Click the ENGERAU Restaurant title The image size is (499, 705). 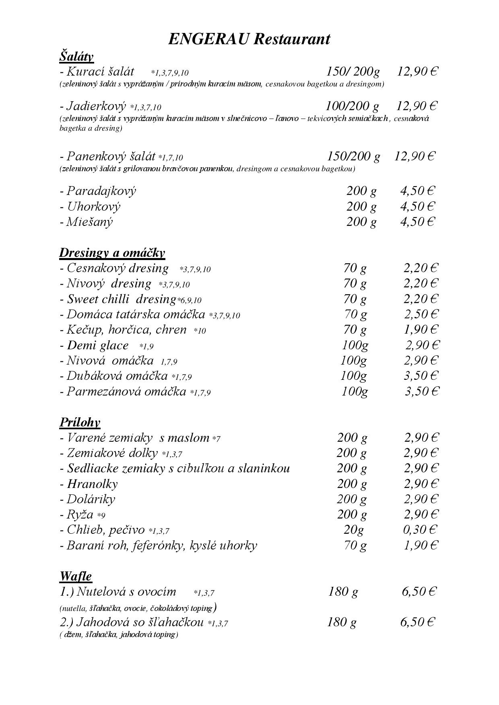tap(249, 39)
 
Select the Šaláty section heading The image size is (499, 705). tap(76, 56)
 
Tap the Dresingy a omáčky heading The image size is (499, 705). tap(112, 252)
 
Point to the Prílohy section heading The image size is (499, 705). tap(80, 422)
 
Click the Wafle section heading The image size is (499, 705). tap(76, 576)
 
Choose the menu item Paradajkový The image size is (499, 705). tap(101, 191)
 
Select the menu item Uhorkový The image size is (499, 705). tap(93, 207)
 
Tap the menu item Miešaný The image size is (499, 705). tap(89, 222)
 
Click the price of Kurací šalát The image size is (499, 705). tap(417, 72)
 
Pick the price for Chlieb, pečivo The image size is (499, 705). tap(420, 530)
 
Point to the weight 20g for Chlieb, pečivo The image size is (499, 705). tap(353, 530)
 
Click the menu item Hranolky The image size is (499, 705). tap(92, 484)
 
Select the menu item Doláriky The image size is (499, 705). tap(91, 499)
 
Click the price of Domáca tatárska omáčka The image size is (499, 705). tap(421, 314)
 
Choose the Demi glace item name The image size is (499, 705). tap(97, 345)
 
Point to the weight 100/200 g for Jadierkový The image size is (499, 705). tap(352, 106)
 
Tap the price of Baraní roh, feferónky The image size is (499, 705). tap(421, 545)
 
